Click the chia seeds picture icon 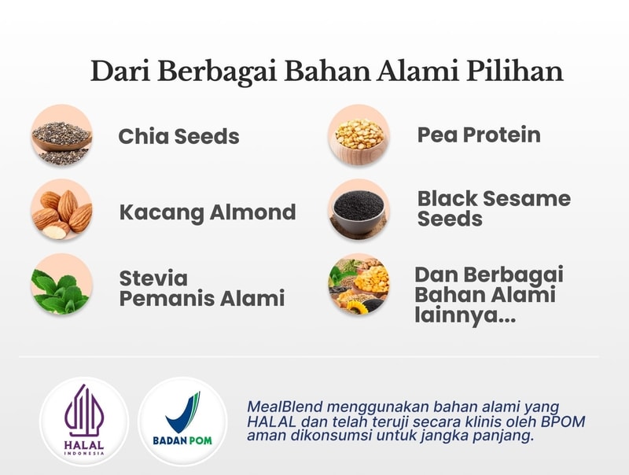point(62,135)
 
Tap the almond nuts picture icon point(62,210)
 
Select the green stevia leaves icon point(62,284)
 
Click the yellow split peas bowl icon point(359,135)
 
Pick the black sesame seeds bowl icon point(359,210)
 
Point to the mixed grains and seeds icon point(359,284)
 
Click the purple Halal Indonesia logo point(84,422)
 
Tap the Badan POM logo point(182,422)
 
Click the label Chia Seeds point(179,136)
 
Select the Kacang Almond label point(208,212)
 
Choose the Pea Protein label point(479,134)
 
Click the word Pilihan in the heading point(515,72)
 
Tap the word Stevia point(153,278)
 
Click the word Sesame point(527,199)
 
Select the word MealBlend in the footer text point(285,407)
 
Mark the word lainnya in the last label point(465,315)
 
